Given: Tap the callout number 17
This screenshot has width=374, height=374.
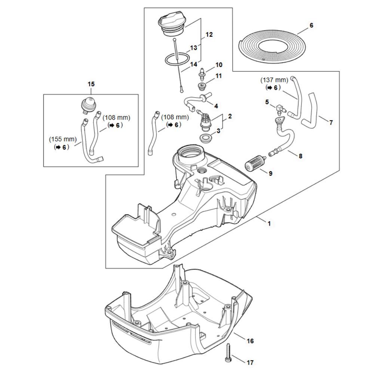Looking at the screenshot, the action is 250,362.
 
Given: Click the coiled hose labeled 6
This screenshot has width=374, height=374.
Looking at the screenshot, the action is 272,47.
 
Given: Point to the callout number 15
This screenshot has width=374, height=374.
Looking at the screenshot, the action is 91,84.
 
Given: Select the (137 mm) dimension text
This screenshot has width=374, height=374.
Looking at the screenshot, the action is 274,80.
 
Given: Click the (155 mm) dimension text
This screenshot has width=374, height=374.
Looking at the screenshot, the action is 63,139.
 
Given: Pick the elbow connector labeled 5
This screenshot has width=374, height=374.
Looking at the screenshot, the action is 281,110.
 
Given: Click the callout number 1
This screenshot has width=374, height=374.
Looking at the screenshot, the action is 269,224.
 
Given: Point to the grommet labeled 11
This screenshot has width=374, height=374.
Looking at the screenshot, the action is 202,86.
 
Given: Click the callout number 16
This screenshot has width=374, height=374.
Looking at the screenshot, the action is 250,341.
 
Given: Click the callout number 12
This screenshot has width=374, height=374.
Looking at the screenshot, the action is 209,34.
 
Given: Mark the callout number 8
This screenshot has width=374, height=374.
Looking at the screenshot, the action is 301,156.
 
